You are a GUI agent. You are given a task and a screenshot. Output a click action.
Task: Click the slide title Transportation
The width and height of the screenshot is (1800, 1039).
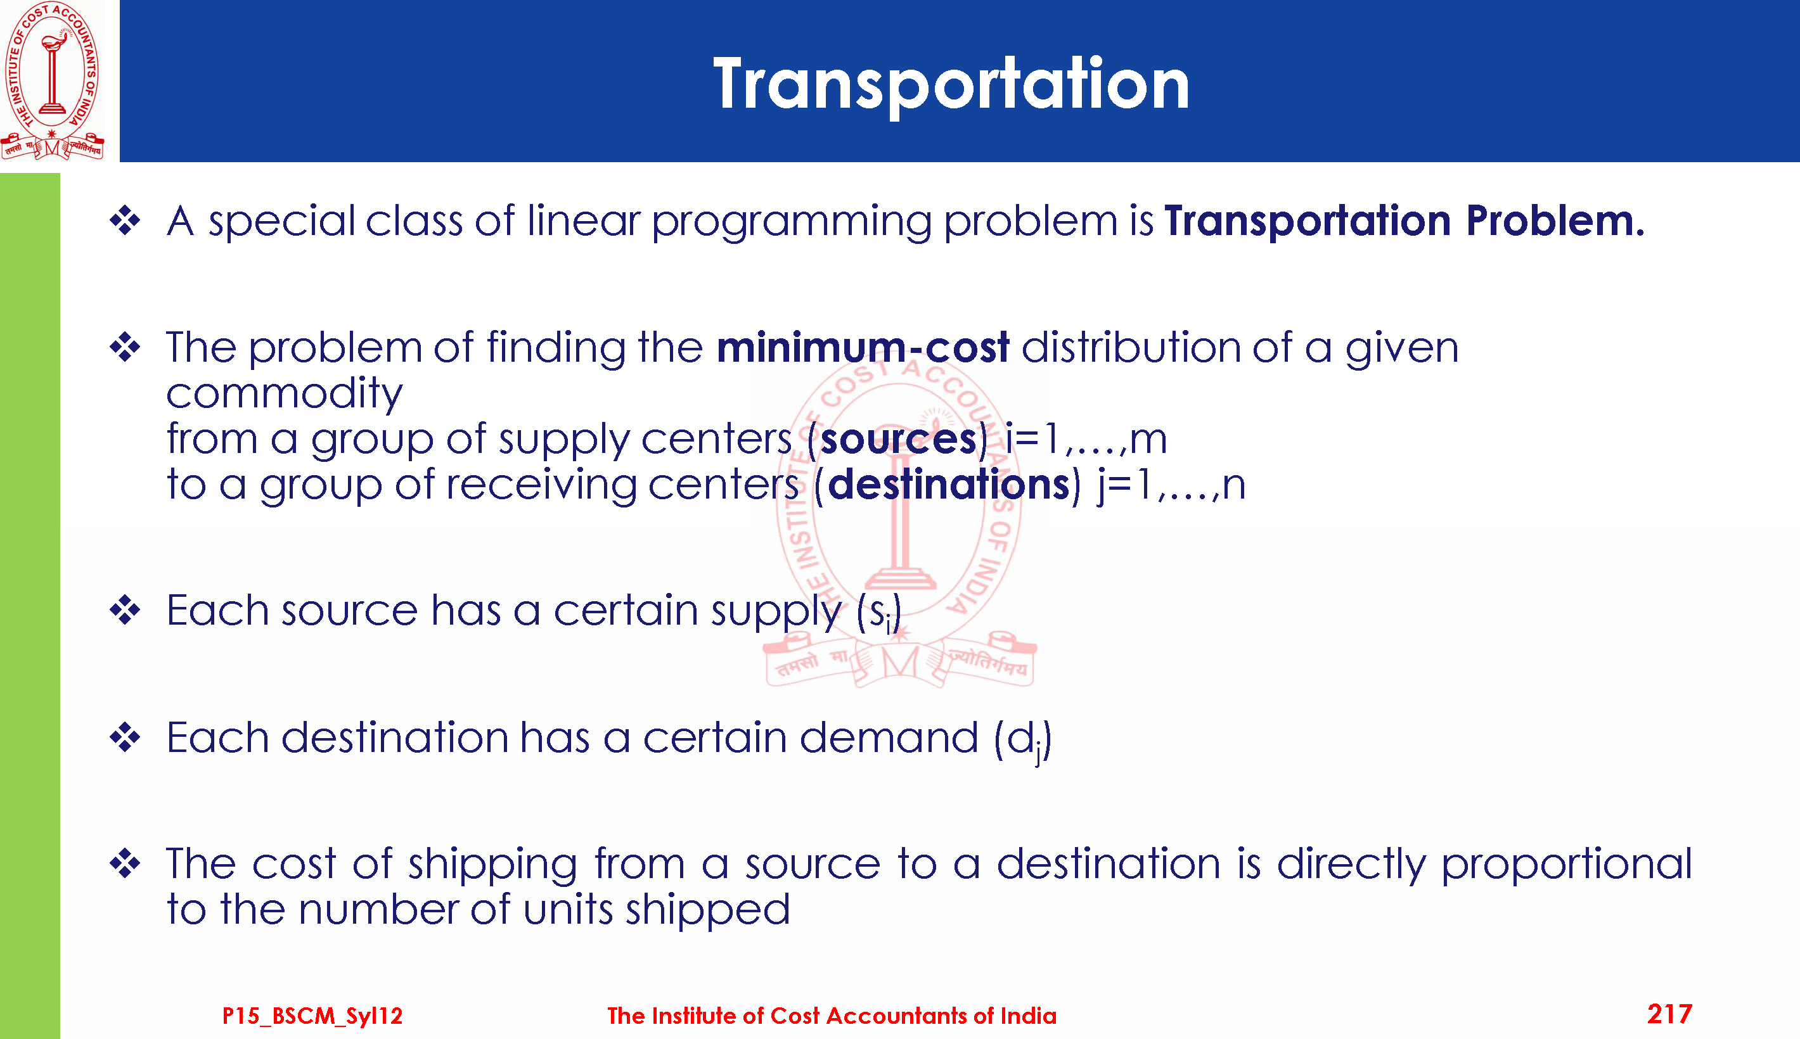pyautogui.click(x=951, y=85)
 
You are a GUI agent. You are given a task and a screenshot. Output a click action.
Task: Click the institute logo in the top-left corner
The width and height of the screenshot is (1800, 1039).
pyautogui.click(x=52, y=80)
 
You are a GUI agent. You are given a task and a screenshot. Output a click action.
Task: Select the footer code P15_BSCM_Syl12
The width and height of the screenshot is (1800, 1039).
pyautogui.click(x=312, y=1016)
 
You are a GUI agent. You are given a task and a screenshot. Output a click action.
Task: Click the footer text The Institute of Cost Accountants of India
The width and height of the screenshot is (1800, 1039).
pyautogui.click(x=832, y=1016)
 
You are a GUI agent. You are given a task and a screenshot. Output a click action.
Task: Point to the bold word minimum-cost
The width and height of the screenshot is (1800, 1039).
pyautogui.click(x=863, y=348)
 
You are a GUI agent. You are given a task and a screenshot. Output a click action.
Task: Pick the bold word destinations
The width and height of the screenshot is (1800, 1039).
pyautogui.click(x=949, y=485)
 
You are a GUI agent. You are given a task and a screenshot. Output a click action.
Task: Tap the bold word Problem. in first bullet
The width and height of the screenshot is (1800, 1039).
pyautogui.click(x=1555, y=220)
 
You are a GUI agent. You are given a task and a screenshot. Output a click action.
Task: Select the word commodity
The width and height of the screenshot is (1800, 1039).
pyautogui.click(x=285, y=395)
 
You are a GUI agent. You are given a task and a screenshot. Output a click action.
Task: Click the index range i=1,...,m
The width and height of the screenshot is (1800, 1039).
pyautogui.click(x=1086, y=439)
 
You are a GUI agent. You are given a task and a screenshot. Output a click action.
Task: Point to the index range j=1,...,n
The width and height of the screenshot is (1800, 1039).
pyautogui.click(x=1171, y=485)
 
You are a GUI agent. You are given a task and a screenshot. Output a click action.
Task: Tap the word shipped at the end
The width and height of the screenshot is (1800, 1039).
pyautogui.click(x=707, y=910)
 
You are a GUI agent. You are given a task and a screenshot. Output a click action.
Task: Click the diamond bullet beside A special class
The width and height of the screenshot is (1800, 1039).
pyautogui.click(x=125, y=220)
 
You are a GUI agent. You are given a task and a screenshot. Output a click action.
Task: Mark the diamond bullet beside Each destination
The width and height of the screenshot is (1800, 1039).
pyautogui.click(x=125, y=737)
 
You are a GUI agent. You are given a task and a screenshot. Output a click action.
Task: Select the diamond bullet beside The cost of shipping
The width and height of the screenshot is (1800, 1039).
pyautogui.click(x=125, y=864)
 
